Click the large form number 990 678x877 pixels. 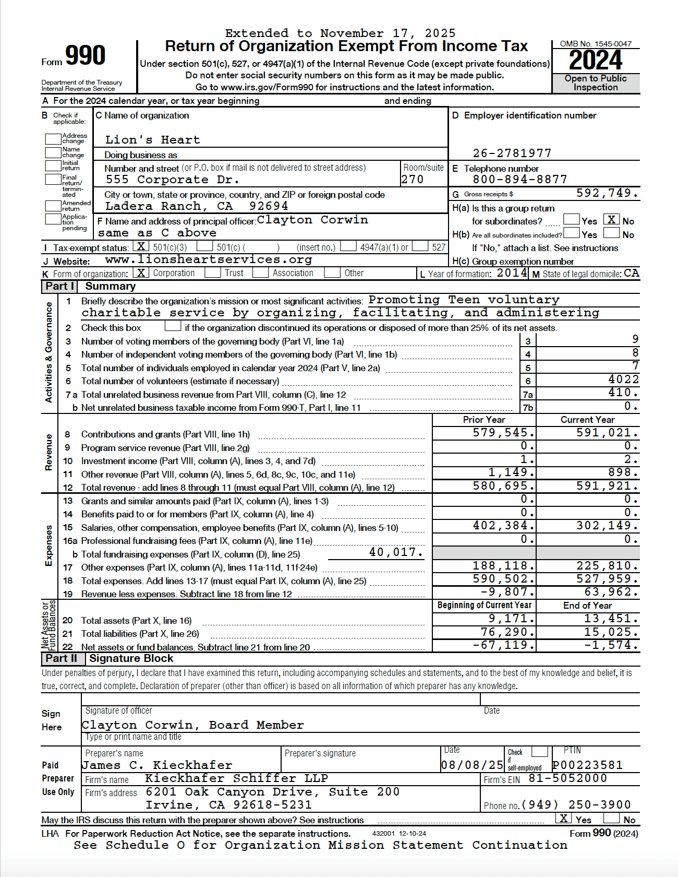tap(85, 56)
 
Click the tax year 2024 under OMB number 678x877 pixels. tap(595, 61)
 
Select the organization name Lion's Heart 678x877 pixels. tap(152, 140)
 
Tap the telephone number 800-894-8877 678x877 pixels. tap(519, 180)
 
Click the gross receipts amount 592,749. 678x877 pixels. tap(607, 193)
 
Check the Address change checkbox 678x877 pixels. tap(53, 139)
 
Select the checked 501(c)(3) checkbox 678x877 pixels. tap(141, 246)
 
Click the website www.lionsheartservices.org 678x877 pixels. tap(209, 259)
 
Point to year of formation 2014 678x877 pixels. tap(512, 272)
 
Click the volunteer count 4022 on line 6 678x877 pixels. tap(623, 380)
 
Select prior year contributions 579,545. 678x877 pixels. tap(503, 433)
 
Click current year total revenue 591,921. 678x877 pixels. tap(607, 486)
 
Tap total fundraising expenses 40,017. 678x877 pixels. tap(396, 552)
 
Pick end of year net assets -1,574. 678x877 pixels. tap(611, 645)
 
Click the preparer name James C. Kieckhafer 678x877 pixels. tap(157, 765)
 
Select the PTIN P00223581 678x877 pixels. tap(587, 765)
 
